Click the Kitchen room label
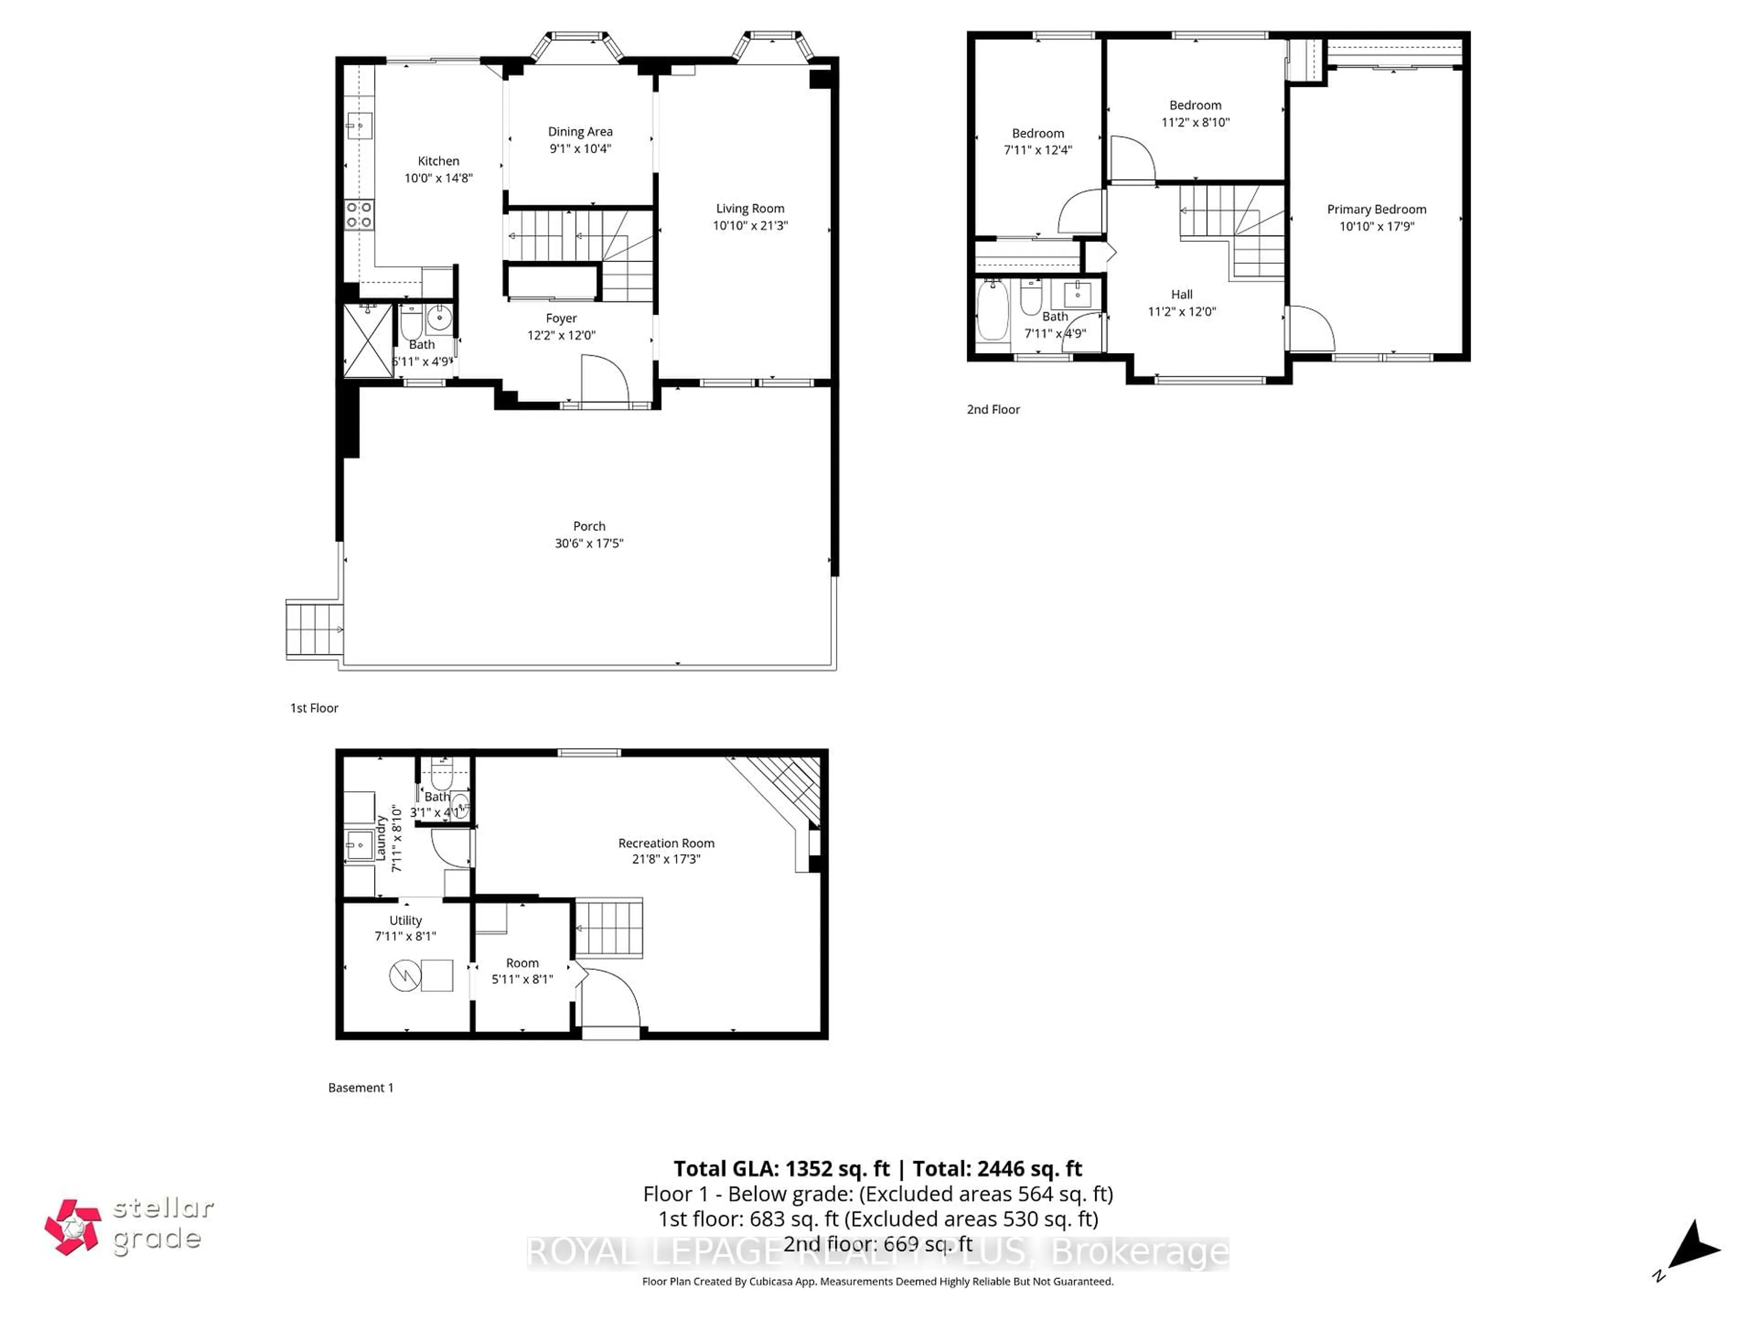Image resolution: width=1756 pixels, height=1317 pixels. pos(438,161)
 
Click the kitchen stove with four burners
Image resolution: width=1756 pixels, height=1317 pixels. pos(359,215)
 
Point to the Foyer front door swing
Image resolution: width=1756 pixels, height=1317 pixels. pos(605,380)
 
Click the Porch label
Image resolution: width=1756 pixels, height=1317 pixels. pos(589,526)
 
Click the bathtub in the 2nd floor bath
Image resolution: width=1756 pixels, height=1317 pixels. pos(992,310)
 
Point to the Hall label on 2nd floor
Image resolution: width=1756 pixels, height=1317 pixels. pos(1181,294)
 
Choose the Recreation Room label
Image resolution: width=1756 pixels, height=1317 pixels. pos(666,843)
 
